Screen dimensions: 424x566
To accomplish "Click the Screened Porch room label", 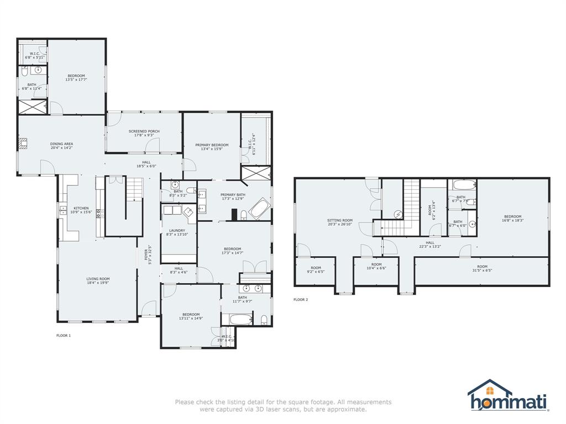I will click(144, 131).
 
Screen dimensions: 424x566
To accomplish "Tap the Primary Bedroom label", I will click(212, 145).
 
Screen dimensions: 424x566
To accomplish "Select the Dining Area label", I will click(61, 144).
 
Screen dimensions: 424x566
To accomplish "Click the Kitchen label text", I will click(81, 209).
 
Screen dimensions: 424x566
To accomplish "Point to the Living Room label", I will click(98, 279).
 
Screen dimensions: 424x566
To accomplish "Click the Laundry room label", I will click(177, 231).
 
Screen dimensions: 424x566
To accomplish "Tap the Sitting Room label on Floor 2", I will click(339, 220).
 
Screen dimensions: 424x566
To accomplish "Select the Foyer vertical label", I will click(147, 253).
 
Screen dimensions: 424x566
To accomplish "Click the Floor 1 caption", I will click(64, 335).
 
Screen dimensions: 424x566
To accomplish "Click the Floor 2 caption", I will click(300, 300).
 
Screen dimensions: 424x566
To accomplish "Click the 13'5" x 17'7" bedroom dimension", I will click(77, 79).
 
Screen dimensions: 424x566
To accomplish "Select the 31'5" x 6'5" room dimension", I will click(483, 271).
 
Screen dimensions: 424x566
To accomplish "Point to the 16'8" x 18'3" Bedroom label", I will click(512, 217).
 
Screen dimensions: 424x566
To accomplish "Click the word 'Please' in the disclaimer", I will click(185, 402).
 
